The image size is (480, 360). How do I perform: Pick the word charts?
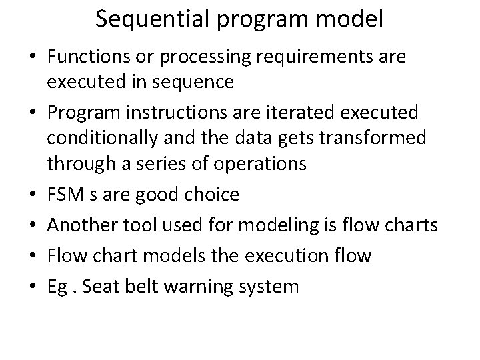pyautogui.click(x=410, y=225)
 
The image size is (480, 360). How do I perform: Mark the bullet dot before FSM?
pyautogui.click(x=34, y=195)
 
